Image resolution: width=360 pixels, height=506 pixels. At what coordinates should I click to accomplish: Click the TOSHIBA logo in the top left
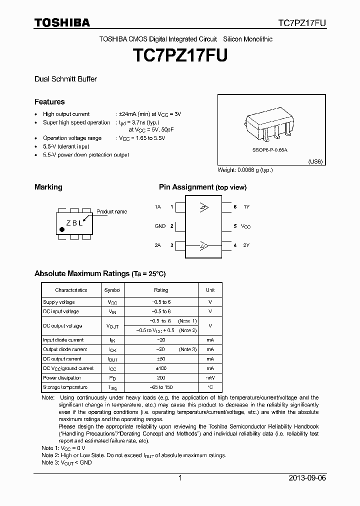pyautogui.click(x=62, y=22)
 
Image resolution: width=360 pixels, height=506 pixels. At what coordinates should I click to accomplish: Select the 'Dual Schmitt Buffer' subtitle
pyautogui.click(x=65, y=79)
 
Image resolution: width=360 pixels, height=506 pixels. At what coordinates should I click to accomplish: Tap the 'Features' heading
pyautogui.click(x=49, y=101)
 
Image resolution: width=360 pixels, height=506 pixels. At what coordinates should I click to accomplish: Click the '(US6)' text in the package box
pyautogui.click(x=315, y=161)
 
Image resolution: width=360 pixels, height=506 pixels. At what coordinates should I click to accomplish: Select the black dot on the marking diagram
pyautogui.click(x=62, y=229)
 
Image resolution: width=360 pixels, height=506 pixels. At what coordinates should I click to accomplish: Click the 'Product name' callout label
pyautogui.click(x=111, y=211)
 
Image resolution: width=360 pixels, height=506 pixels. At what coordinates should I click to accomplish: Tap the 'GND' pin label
pyautogui.click(x=160, y=226)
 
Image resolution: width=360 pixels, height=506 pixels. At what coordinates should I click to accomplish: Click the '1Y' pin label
pyautogui.click(x=246, y=206)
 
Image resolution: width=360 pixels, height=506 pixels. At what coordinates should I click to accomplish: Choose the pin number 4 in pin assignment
pyautogui.click(x=235, y=245)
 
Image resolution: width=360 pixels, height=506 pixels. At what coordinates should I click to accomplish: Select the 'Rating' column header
pyautogui.click(x=161, y=290)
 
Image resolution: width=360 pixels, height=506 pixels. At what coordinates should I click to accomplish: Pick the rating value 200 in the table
pyautogui.click(x=160, y=378)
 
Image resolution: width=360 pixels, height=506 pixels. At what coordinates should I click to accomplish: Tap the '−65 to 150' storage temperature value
pyautogui.click(x=160, y=387)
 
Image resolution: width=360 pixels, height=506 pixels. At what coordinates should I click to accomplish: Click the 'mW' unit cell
pyautogui.click(x=210, y=378)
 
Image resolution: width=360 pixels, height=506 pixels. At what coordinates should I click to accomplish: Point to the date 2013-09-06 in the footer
pyautogui.click(x=307, y=478)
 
